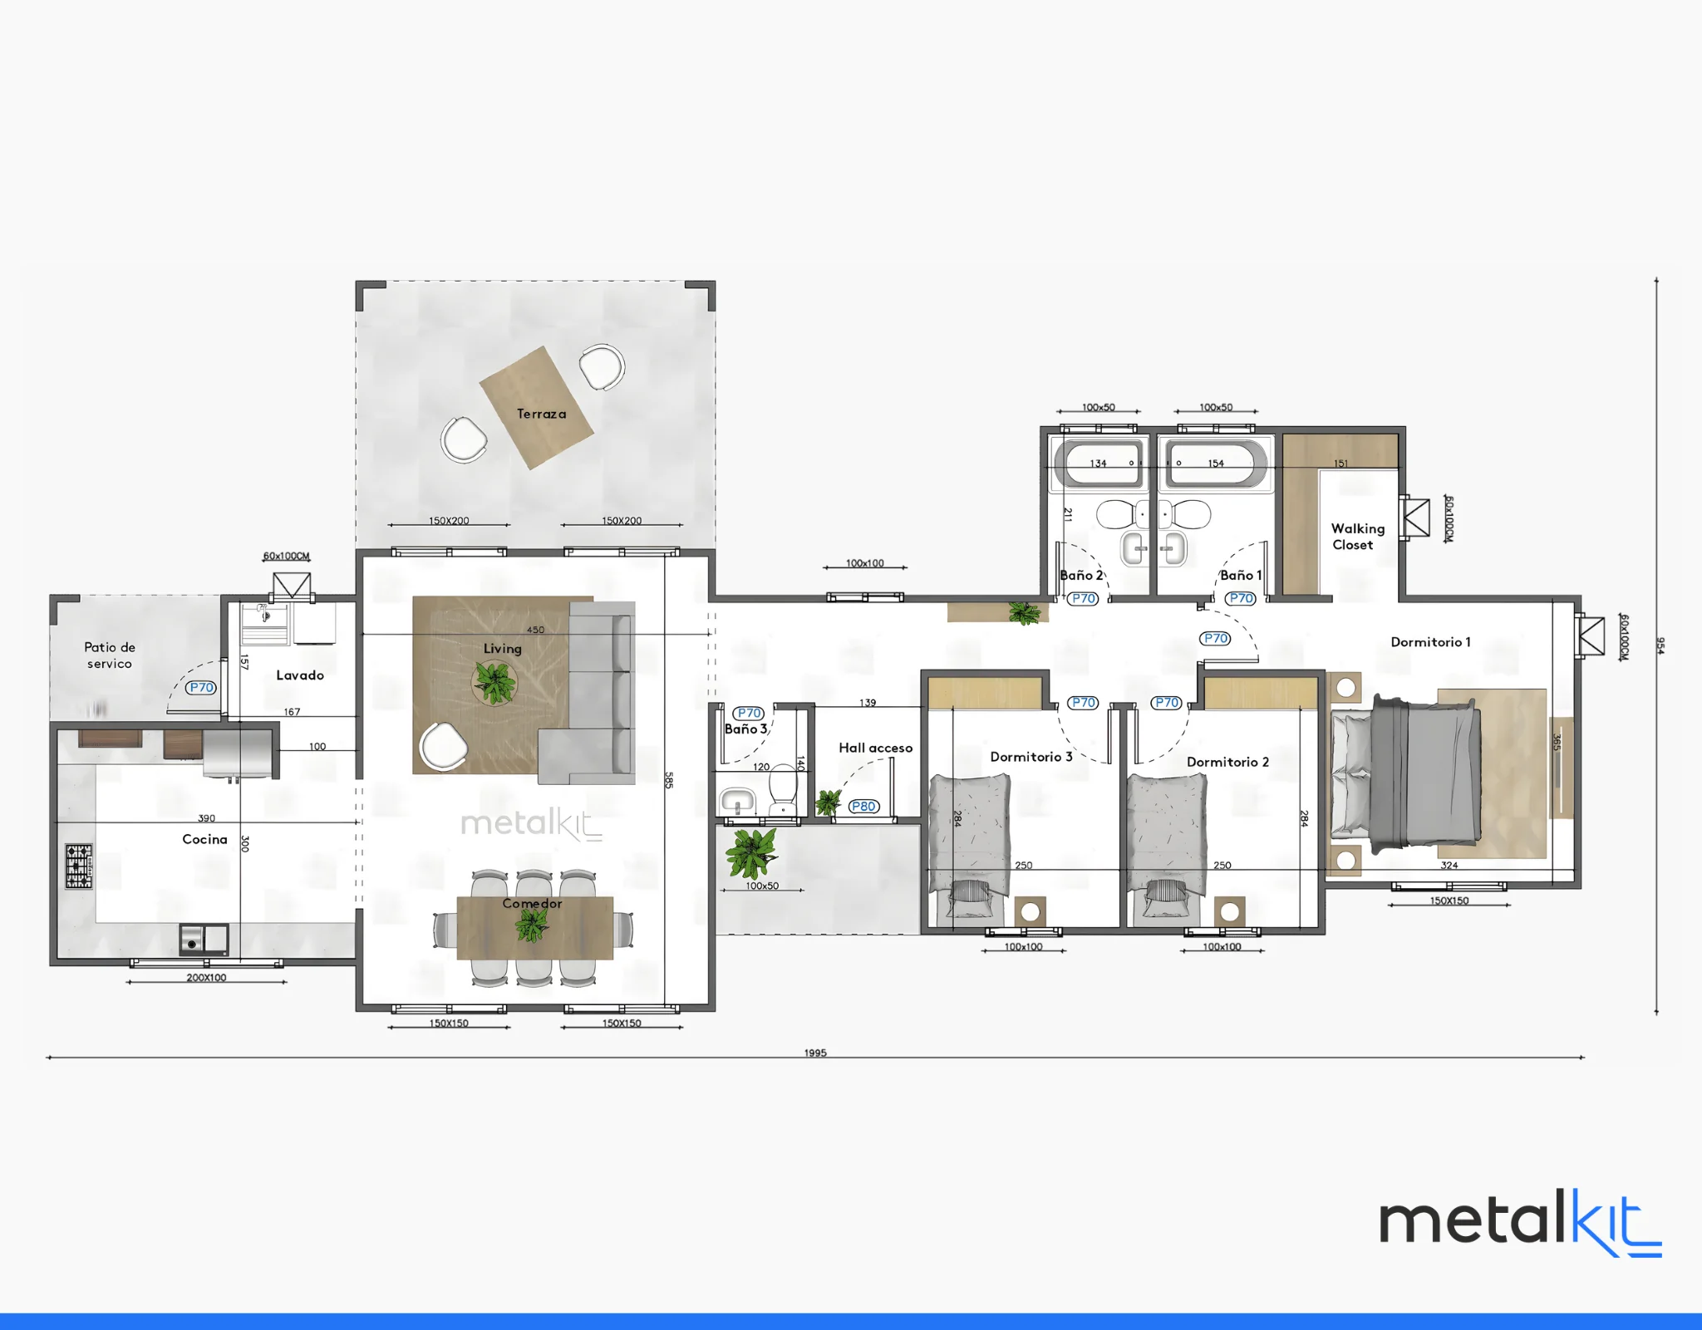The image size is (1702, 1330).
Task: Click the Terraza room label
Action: pyautogui.click(x=541, y=414)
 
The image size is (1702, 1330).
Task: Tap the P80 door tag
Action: pyautogui.click(x=863, y=806)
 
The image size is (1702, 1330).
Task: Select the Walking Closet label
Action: pyautogui.click(x=1357, y=537)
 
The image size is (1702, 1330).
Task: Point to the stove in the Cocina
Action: pyautogui.click(x=79, y=866)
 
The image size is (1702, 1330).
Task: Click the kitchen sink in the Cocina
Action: pyautogui.click(x=204, y=940)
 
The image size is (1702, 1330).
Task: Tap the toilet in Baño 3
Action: pyautogui.click(x=783, y=791)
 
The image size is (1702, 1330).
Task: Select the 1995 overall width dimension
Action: pyautogui.click(x=815, y=1053)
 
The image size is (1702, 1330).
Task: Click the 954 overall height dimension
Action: pyautogui.click(x=1660, y=645)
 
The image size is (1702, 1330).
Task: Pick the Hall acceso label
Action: pyautogui.click(x=875, y=748)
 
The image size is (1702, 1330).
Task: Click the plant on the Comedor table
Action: pyautogui.click(x=531, y=923)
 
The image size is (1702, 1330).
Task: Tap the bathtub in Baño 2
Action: pyautogui.click(x=1098, y=464)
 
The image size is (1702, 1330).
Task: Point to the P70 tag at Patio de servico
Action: pyautogui.click(x=201, y=687)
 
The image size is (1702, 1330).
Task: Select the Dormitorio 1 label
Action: pyautogui.click(x=1430, y=642)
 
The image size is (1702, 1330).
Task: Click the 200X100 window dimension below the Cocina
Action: pyautogui.click(x=206, y=978)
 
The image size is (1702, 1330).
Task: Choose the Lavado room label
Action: pyautogui.click(x=300, y=675)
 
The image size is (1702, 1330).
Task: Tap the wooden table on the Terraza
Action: pyautogui.click(x=537, y=408)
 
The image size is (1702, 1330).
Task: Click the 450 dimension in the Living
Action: pyautogui.click(x=536, y=630)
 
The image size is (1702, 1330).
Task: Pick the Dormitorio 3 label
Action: pyautogui.click(x=1031, y=757)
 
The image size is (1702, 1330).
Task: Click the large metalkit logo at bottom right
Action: pyautogui.click(x=1520, y=1223)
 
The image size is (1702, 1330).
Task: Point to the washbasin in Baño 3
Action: pyautogui.click(x=737, y=802)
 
